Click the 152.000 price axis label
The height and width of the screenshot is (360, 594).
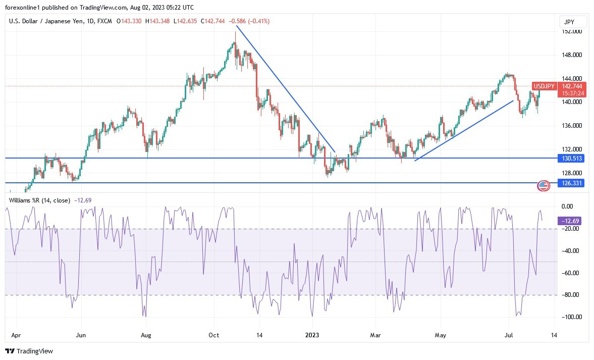pos(571,31)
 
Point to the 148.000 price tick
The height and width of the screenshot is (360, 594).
pos(571,55)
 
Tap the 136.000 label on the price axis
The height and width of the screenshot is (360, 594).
pos(571,126)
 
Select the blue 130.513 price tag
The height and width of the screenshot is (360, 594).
pos(571,158)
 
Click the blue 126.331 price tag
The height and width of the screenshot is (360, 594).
pos(571,183)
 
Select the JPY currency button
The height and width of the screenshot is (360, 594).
pos(573,22)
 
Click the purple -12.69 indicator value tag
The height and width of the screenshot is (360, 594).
pos(571,221)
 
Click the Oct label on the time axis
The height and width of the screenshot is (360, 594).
pos(214,334)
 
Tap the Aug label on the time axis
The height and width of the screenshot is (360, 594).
pos(146,334)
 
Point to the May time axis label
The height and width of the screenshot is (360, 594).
pos(441,334)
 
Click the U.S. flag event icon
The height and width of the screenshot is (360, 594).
pos(543,186)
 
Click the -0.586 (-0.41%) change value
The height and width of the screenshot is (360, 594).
pos(249,21)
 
